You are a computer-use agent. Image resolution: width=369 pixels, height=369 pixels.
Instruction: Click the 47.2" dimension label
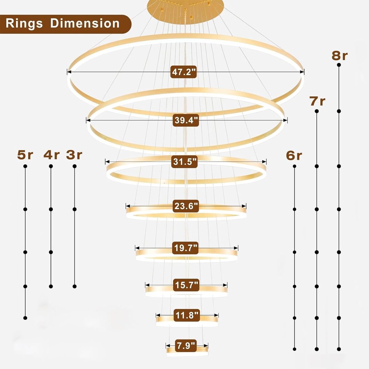pyautogui.click(x=184, y=72)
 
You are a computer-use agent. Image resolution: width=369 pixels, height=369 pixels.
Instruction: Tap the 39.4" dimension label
pyautogui.click(x=185, y=120)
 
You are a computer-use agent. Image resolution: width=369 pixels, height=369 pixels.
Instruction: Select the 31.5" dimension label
pyautogui.click(x=184, y=162)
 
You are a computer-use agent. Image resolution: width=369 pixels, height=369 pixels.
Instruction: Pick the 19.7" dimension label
pyautogui.click(x=186, y=248)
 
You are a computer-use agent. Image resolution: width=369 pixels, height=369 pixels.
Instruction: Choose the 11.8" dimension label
pyautogui.click(x=187, y=315)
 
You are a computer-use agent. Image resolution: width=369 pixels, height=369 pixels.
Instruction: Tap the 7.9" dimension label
pyautogui.click(x=186, y=345)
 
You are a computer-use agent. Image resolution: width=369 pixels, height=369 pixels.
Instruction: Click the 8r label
pyautogui.click(x=339, y=56)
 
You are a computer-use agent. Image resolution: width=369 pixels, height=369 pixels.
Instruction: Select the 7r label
pyautogui.click(x=317, y=101)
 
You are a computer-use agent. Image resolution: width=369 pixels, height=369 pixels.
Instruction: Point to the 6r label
pyautogui.click(x=294, y=156)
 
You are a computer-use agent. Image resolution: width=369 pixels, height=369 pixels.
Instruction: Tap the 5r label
pyautogui.click(x=25, y=155)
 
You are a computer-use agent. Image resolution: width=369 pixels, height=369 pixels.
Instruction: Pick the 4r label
pyautogui.click(x=51, y=155)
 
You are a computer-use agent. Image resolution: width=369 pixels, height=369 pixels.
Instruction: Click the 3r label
pyautogui.click(x=74, y=155)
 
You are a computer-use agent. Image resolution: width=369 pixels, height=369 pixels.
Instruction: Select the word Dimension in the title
pyautogui.click(x=85, y=23)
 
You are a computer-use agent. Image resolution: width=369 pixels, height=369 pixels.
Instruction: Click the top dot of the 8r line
pyautogui.click(x=339, y=65)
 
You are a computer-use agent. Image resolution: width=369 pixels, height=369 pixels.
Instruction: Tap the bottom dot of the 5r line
pyautogui.click(x=25, y=317)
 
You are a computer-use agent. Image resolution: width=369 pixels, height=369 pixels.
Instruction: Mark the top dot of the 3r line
pyautogui.click(x=74, y=166)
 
